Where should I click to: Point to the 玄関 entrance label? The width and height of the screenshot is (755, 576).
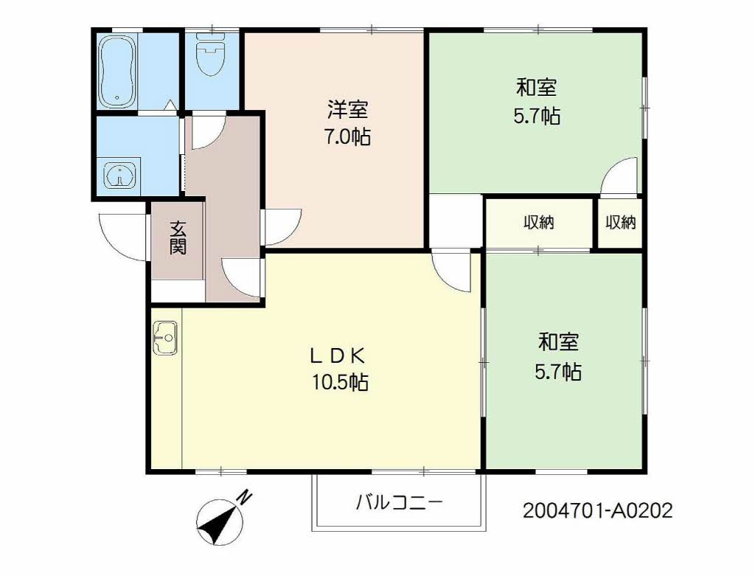coord(178,238)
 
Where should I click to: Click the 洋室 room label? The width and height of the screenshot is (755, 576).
coord(347,110)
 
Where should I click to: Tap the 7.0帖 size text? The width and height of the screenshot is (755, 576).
coord(347,137)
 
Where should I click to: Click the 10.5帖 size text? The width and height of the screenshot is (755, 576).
coord(341,383)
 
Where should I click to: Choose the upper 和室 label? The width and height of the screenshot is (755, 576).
coord(537,89)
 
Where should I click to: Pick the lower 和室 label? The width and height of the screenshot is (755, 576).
coord(558,342)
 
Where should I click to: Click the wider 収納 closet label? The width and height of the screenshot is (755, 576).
coord(539,223)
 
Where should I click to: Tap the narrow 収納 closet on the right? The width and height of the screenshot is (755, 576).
coord(621,223)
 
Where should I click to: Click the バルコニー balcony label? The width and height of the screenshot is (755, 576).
coord(399,503)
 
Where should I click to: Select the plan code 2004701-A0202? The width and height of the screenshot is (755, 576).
coord(597,510)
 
